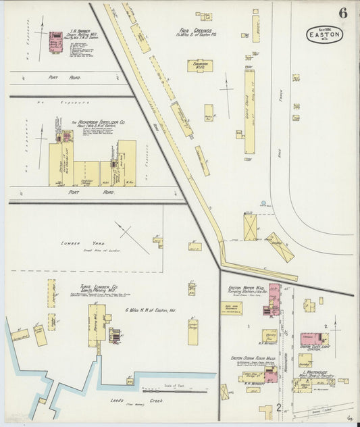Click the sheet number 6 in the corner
pos(343,13)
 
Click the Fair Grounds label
pos(196,31)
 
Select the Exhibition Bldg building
pos(200,66)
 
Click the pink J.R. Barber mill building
pos(55,41)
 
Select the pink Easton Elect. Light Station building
pos(313,337)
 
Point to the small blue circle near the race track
pos(263,202)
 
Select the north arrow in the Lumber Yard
pos(132,238)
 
